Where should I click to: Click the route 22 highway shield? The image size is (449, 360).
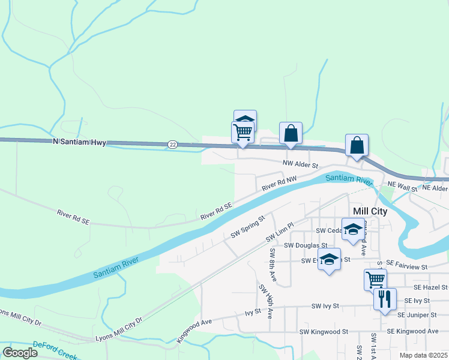173,144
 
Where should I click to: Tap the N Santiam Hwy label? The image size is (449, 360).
79,142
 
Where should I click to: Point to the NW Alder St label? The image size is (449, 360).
300,164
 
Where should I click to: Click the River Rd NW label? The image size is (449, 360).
279,184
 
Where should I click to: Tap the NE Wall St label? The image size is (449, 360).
402,188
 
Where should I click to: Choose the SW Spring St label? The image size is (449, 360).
248,227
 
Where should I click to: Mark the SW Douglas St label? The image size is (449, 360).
306,245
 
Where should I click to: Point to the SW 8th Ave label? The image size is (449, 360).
272,265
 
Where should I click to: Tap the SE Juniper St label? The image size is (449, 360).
416,314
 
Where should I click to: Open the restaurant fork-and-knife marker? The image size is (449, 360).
385,298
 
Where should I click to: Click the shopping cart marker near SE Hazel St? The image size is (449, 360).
375,279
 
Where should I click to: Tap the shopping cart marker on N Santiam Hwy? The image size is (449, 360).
243,131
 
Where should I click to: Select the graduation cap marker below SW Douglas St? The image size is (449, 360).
329,259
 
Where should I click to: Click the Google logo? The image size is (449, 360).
20,352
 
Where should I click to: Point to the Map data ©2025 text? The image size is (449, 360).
423,355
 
